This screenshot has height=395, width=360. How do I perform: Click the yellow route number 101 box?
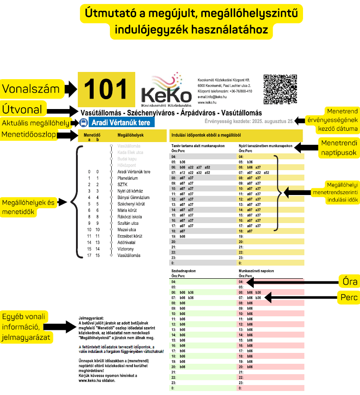tap(106, 89)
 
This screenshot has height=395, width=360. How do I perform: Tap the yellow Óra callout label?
tap(349, 282)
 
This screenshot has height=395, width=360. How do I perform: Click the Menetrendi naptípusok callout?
tap(339, 148)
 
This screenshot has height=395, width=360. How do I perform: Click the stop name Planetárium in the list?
tap(128, 178)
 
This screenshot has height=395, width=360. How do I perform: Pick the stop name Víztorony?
tap(126, 249)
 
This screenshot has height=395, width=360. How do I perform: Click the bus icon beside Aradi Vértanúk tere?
tap(84, 123)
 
